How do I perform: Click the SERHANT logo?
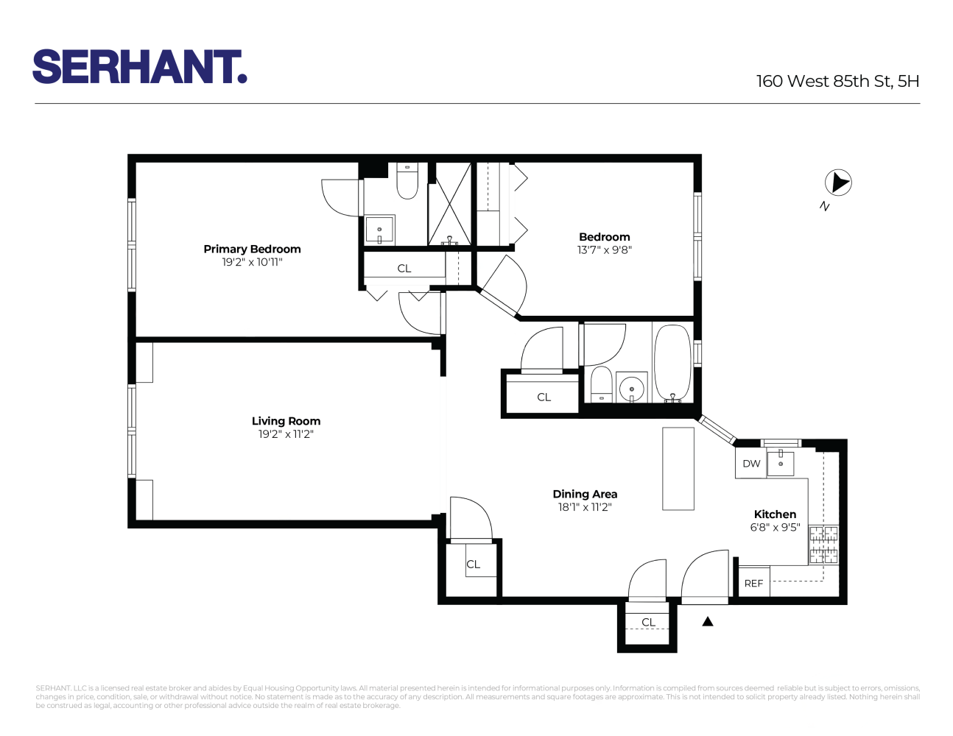point(140,67)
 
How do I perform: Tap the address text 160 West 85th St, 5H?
point(837,81)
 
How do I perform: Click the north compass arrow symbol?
point(837,183)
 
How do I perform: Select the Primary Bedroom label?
point(252,249)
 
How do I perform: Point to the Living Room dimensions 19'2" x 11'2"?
point(286,434)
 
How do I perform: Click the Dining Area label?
point(585,494)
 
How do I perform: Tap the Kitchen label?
point(775,514)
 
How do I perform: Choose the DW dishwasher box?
point(751,464)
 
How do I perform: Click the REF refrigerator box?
point(753,583)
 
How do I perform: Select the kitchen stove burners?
point(823,545)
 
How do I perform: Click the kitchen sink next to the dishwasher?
point(781,463)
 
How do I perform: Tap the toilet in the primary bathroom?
point(407,181)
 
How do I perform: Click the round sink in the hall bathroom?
point(631,388)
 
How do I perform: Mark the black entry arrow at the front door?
point(708,621)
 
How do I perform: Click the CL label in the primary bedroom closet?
point(404,269)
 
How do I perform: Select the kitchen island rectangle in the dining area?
point(678,468)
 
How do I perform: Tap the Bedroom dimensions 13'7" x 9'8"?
point(604,250)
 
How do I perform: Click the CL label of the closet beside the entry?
point(648,622)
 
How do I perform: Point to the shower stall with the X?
point(450,204)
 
